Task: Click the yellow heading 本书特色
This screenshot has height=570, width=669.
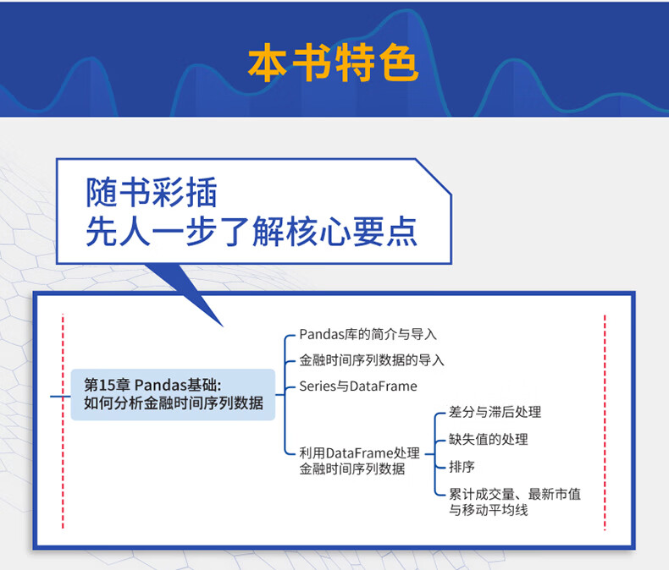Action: click(333, 63)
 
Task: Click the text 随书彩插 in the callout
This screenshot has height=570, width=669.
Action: click(152, 193)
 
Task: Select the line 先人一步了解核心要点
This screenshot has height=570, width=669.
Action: click(252, 232)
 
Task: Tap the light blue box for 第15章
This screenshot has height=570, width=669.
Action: click(173, 394)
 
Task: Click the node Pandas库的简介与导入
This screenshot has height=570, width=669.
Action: click(368, 334)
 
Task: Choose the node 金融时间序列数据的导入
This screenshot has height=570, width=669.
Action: click(372, 360)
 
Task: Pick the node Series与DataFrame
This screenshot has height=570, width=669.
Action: click(358, 386)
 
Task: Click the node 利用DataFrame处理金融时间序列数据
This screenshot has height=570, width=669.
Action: click(359, 461)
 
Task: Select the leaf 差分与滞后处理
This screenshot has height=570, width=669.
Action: click(495, 412)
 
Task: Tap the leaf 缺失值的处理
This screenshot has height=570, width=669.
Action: click(488, 439)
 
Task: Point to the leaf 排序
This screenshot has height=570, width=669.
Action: click(462, 467)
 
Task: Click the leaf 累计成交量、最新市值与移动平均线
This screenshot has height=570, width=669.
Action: click(515, 501)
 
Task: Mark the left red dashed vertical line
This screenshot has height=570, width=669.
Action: click(63, 421)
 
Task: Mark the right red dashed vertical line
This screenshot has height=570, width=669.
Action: click(605, 422)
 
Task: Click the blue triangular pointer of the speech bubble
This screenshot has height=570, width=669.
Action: click(184, 295)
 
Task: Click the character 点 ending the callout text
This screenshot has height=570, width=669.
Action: click(401, 232)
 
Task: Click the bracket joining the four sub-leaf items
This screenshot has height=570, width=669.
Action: click(435, 454)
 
